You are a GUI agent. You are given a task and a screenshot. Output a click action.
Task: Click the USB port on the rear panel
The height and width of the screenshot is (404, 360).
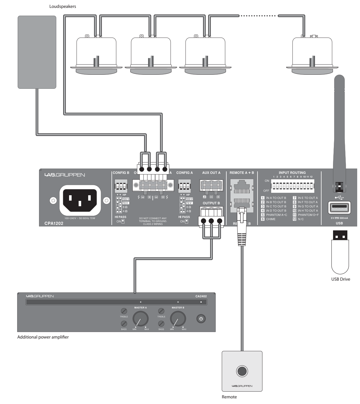pyautogui.click(x=339, y=208)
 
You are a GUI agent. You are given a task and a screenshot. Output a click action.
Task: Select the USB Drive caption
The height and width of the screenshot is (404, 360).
pyautogui.click(x=341, y=279)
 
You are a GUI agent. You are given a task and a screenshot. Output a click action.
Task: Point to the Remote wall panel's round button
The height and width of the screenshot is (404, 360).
pyautogui.click(x=242, y=371)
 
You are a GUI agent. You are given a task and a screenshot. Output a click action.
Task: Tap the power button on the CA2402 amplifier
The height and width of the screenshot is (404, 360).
pyautogui.click(x=200, y=319)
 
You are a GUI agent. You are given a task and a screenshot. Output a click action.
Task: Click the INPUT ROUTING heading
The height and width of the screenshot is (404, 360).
pyautogui.click(x=292, y=173)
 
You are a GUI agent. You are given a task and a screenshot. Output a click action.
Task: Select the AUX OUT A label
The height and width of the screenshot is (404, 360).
pyautogui.click(x=211, y=173)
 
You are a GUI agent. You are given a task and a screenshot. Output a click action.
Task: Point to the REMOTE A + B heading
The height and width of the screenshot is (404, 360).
pyautogui.click(x=241, y=173)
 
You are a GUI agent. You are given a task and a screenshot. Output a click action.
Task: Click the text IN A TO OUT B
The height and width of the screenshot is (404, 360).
pyautogui.click(x=276, y=198)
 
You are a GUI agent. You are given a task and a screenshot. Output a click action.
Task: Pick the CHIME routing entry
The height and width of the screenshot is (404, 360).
pyautogui.click(x=271, y=219)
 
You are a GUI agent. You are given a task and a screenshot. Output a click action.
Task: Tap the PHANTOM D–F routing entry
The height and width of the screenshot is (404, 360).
pyautogui.click(x=308, y=215)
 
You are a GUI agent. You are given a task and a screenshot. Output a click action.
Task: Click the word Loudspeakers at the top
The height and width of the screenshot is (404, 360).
pyautogui.click(x=63, y=6)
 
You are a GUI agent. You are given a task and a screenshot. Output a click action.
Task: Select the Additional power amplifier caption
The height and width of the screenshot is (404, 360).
pyautogui.click(x=43, y=337)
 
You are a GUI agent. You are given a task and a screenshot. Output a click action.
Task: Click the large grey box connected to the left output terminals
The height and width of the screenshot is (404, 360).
pyautogui.click(x=37, y=52)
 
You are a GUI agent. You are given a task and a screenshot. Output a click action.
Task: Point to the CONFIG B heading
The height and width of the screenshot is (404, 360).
pyautogui.click(x=121, y=173)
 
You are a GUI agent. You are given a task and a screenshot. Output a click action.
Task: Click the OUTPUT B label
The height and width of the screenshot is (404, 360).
pyautogui.click(x=211, y=203)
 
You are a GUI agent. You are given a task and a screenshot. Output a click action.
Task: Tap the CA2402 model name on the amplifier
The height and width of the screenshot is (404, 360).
pyautogui.click(x=201, y=296)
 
